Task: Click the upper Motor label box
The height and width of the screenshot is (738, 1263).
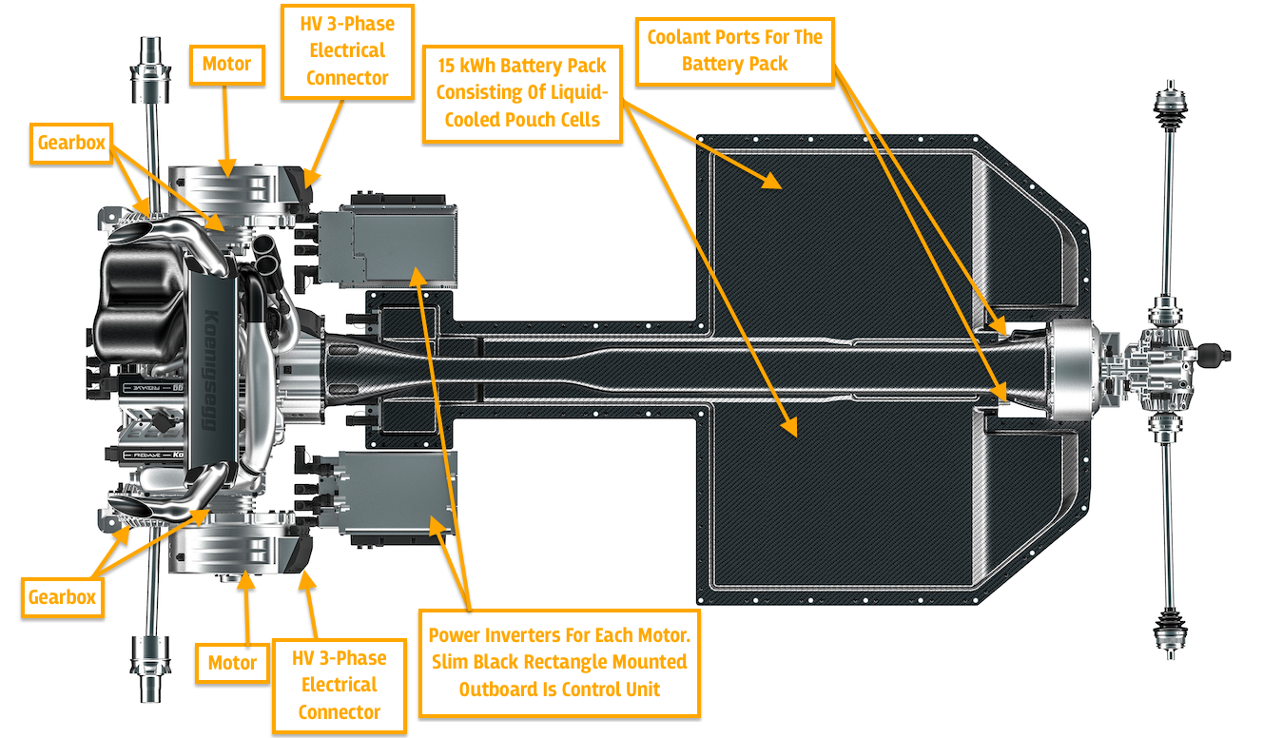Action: click(x=226, y=64)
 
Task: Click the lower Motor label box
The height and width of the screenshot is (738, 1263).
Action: click(x=232, y=662)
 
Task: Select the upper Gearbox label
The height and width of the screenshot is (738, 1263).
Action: click(x=71, y=144)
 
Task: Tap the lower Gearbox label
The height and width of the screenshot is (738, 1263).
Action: click(x=62, y=596)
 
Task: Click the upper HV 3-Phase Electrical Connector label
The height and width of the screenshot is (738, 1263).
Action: click(x=346, y=50)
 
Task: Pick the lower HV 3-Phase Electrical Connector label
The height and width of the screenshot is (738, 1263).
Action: click(x=340, y=685)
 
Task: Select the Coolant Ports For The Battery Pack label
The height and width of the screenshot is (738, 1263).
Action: click(x=734, y=50)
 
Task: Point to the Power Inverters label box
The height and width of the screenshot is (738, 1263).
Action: click(x=558, y=662)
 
